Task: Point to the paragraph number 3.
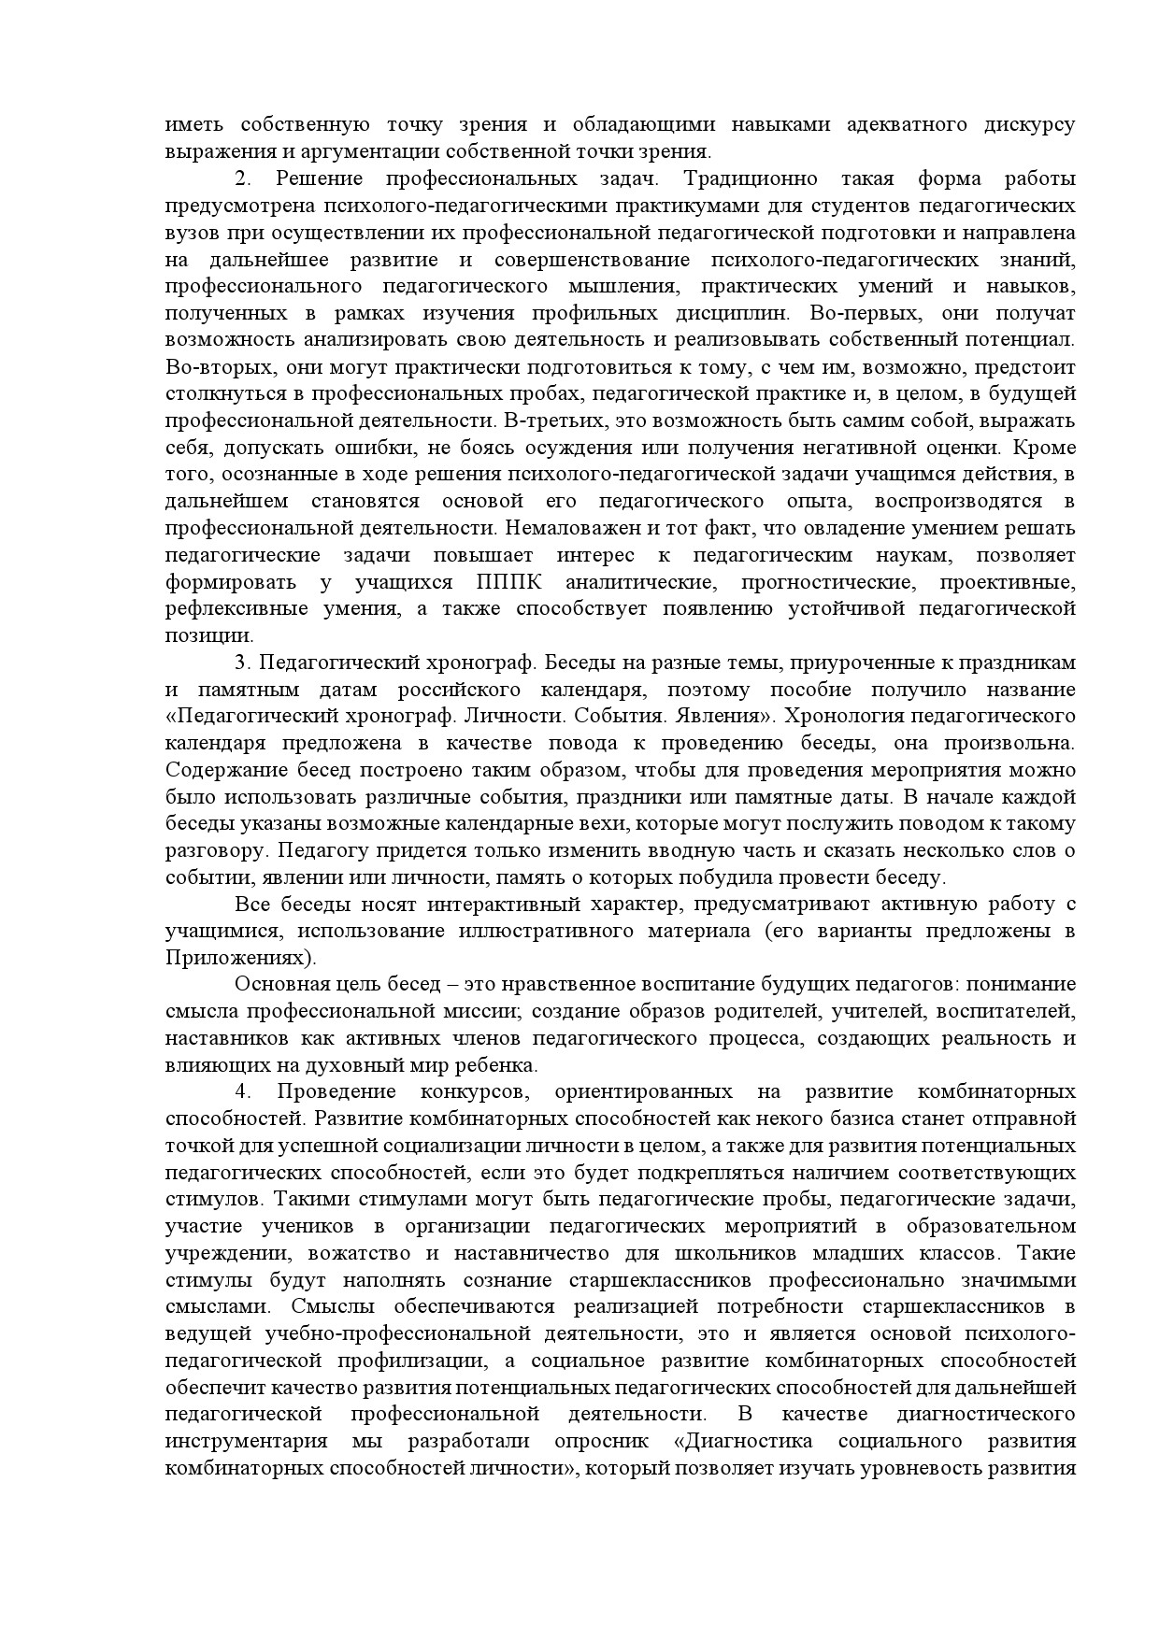point(243,663)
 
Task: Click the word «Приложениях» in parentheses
point(236,959)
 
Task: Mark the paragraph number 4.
point(243,1092)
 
